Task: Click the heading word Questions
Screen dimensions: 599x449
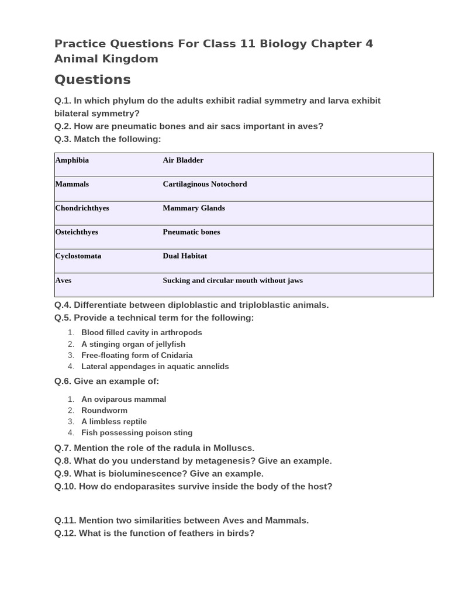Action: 92,80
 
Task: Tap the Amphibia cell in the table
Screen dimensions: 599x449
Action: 72,160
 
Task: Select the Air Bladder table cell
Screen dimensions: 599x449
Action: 183,160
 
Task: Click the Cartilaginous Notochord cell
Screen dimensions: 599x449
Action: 205,184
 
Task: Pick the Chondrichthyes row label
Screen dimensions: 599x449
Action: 82,208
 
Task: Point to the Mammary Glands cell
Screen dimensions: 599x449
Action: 194,208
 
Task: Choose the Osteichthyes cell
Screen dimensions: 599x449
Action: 77,232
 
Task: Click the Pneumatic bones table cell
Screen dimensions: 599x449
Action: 191,232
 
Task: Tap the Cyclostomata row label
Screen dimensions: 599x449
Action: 78,256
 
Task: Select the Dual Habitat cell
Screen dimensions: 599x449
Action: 185,256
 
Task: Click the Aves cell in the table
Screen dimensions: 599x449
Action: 63,281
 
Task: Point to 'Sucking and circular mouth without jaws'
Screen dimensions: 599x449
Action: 233,281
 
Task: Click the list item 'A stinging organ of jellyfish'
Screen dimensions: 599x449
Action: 133,344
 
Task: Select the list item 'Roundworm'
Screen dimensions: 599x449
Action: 104,411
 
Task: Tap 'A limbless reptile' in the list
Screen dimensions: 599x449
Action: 114,422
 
